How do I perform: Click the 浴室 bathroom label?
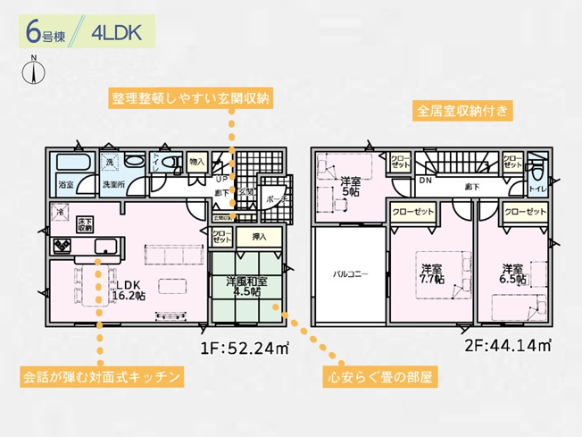66,184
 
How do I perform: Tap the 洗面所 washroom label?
112,184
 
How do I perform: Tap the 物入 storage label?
197,163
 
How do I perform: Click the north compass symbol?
34,71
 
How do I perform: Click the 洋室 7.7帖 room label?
433,273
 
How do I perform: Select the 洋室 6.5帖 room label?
511,273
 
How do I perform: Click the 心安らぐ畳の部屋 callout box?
379,377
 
